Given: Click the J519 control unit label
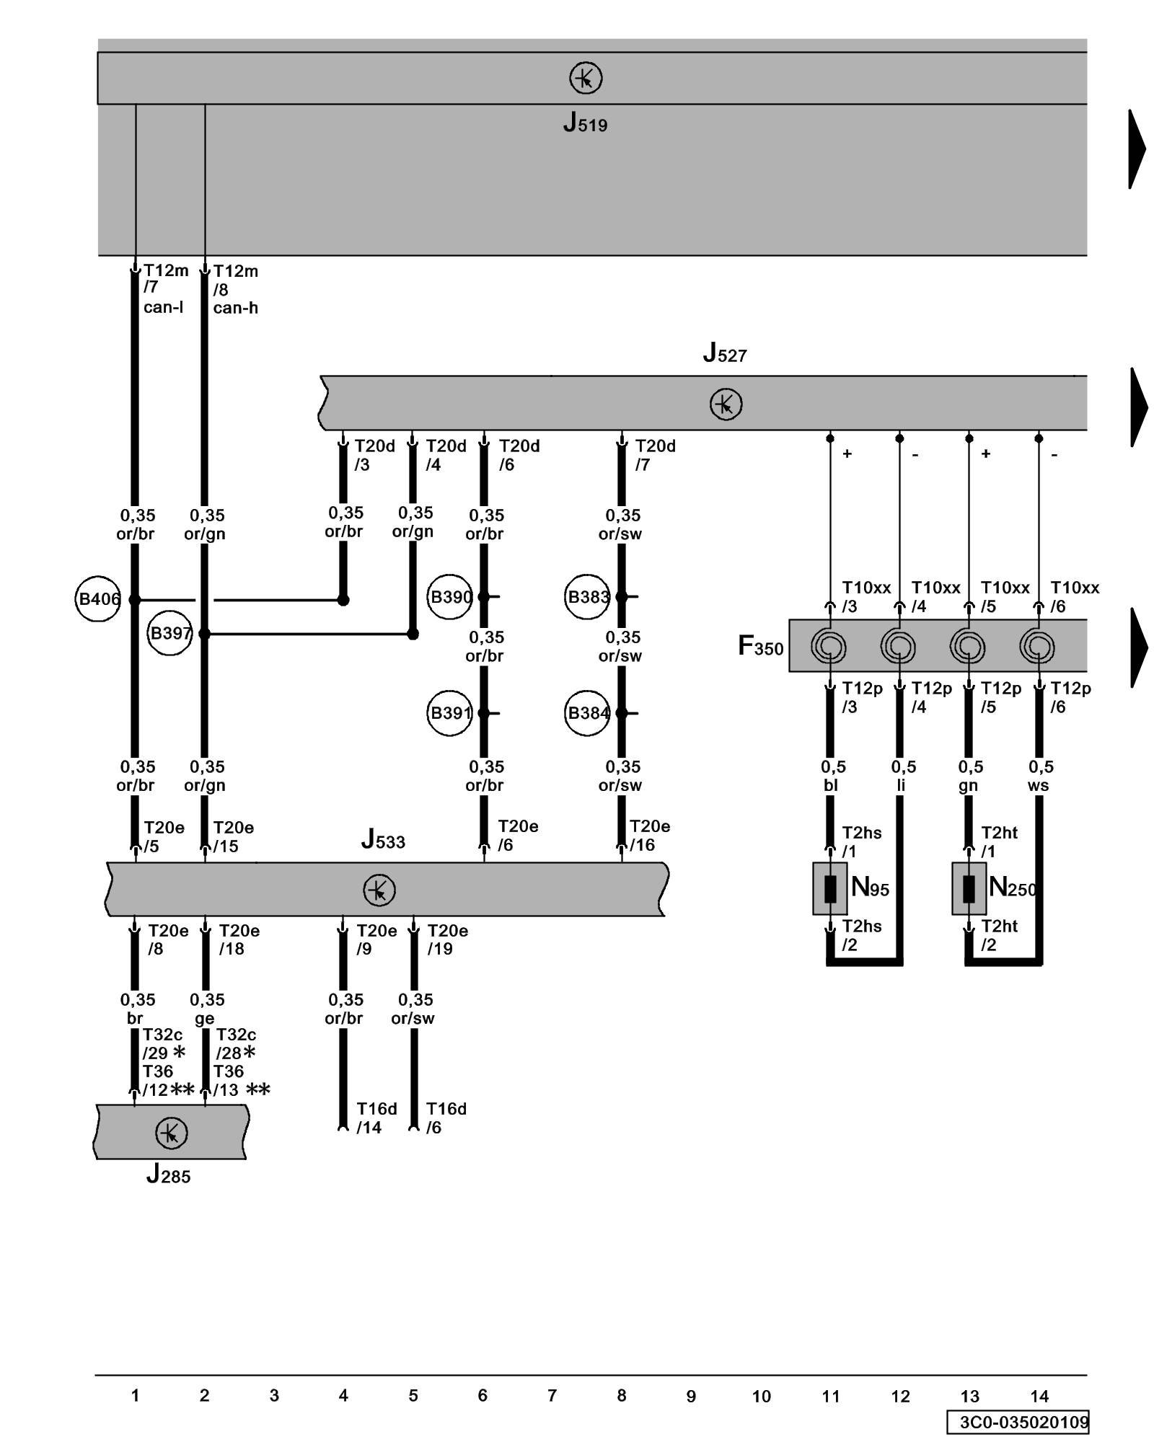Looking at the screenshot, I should coord(585,124).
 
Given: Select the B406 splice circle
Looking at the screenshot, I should coord(98,598).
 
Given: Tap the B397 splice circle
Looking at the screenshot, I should coord(169,633).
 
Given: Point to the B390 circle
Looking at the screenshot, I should coord(449,596).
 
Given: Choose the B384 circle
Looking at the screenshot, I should coord(587,713).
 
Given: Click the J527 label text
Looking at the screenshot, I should coord(725,353).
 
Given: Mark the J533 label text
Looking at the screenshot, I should coord(383,840).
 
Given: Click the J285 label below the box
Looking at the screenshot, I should coord(168,1175).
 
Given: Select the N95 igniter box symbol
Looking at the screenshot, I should coord(830,888).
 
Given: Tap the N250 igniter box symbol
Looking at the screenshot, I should coord(969,888).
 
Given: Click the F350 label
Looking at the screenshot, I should coord(760,646).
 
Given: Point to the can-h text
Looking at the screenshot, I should coord(235,308).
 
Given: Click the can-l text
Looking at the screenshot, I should coord(163,307).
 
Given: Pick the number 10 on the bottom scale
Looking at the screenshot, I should coord(761,1397).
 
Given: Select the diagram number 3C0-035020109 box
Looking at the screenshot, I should coord(1018,1422).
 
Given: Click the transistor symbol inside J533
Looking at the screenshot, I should coord(379,890).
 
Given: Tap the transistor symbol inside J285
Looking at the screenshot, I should coord(171,1133).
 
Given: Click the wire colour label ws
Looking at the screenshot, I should coord(1038,785).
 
